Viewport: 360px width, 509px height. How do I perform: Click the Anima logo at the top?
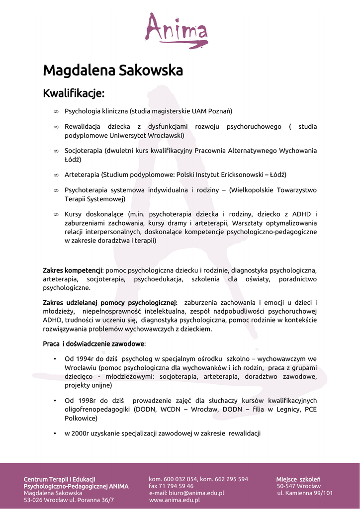pos(176,30)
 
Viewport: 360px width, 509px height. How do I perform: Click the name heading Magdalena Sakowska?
pos(113,70)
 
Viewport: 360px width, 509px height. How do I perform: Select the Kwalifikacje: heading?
pos(74,93)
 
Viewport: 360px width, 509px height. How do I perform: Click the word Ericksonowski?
pos(238,175)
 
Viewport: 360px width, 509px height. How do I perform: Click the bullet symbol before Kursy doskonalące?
pos(56,215)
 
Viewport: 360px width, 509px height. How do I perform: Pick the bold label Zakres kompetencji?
pos(73,270)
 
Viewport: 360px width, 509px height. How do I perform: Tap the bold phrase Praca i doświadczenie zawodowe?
pos(94,343)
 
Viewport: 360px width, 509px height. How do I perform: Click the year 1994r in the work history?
pos(86,358)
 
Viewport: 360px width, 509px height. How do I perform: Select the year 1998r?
pos(86,401)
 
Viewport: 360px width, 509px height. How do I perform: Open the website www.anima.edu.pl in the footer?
pos(175,500)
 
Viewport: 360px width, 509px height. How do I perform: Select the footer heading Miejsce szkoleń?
pos(298,479)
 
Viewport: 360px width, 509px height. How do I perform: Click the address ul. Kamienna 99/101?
pos(305,493)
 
